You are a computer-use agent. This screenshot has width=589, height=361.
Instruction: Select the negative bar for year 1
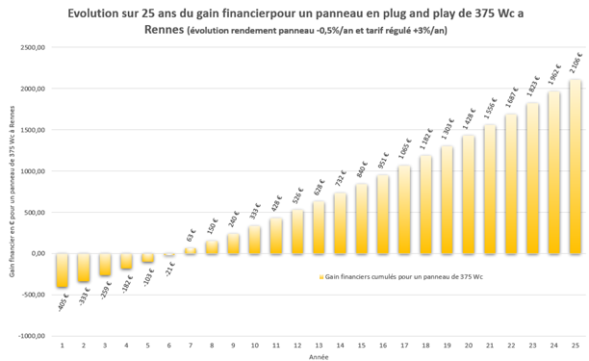click(63, 271)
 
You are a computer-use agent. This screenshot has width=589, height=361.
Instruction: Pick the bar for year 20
click(469, 194)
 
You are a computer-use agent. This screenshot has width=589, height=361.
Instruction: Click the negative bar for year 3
click(105, 264)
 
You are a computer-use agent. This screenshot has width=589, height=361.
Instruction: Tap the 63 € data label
click(191, 234)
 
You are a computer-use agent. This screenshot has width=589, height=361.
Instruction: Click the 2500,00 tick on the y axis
click(33, 47)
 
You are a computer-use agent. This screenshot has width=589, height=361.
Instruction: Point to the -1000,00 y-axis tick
click(32, 336)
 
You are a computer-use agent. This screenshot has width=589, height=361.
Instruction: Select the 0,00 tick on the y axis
click(38, 253)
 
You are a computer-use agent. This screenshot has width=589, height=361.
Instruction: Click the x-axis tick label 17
click(404, 344)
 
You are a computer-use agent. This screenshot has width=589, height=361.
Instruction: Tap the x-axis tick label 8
click(212, 344)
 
